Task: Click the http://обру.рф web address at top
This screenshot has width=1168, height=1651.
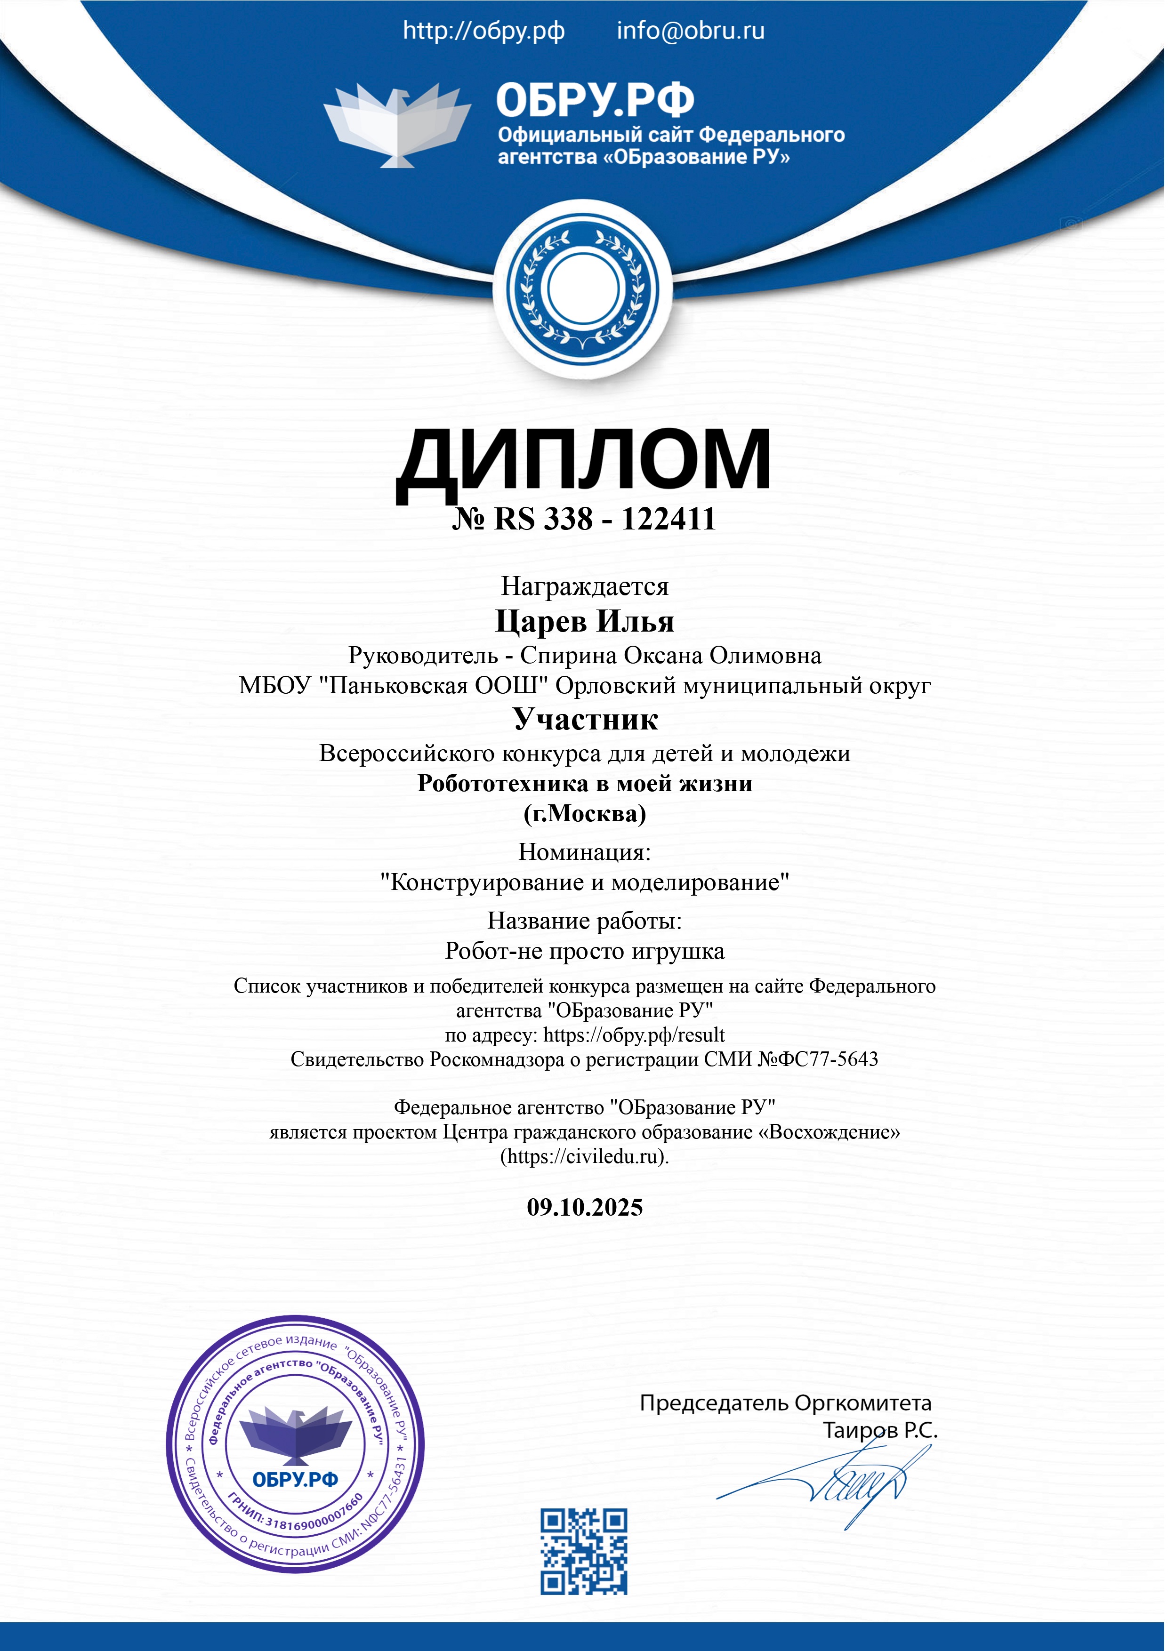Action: coord(483,31)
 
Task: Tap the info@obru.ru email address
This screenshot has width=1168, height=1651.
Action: coord(691,31)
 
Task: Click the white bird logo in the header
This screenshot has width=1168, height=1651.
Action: coord(397,124)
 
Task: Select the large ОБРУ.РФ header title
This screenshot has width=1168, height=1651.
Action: coord(595,99)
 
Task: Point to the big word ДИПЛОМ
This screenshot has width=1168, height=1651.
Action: coord(583,459)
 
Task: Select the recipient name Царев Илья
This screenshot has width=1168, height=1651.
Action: coord(584,621)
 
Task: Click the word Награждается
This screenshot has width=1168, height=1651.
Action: coord(584,587)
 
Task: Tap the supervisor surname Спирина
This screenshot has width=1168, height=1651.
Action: coord(568,655)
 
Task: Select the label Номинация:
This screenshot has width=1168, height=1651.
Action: coord(584,852)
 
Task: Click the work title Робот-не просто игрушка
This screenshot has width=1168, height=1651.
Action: coord(584,951)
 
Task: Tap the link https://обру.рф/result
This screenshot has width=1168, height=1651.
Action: coord(634,1035)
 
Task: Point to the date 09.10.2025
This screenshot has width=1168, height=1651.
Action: coord(584,1207)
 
